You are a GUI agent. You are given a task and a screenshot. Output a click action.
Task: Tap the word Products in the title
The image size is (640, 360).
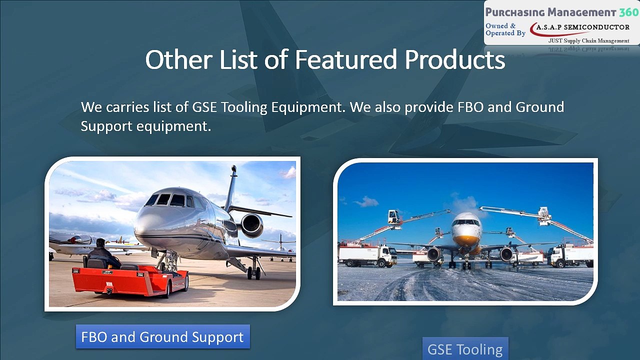click(x=455, y=59)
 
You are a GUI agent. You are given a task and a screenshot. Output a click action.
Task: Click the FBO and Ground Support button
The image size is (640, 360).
click(x=163, y=336)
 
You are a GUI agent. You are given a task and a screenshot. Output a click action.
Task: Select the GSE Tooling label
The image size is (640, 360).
click(x=465, y=349)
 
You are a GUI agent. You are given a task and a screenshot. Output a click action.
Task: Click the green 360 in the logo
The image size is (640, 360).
click(x=629, y=12)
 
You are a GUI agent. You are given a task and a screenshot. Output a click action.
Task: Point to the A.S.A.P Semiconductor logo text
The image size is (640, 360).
click(x=583, y=27)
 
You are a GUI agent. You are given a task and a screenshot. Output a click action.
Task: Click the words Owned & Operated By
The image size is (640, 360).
click(x=505, y=29)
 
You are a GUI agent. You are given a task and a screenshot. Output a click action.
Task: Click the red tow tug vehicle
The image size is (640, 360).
click(x=130, y=279)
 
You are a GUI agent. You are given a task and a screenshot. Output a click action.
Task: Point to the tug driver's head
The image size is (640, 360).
click(x=100, y=242)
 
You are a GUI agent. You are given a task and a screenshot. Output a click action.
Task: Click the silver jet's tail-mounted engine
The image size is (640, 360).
click(x=252, y=225)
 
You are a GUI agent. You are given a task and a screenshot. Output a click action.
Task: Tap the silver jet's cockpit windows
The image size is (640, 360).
click(x=169, y=200)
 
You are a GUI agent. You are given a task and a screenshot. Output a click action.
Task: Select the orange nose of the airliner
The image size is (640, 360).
click(x=465, y=241)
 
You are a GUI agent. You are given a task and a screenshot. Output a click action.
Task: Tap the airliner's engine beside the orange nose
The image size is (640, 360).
click(x=434, y=254)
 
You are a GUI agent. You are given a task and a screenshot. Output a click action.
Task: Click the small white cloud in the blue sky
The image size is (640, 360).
click(x=367, y=202)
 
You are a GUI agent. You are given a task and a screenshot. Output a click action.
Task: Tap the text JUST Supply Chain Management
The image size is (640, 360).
click(x=588, y=41)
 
